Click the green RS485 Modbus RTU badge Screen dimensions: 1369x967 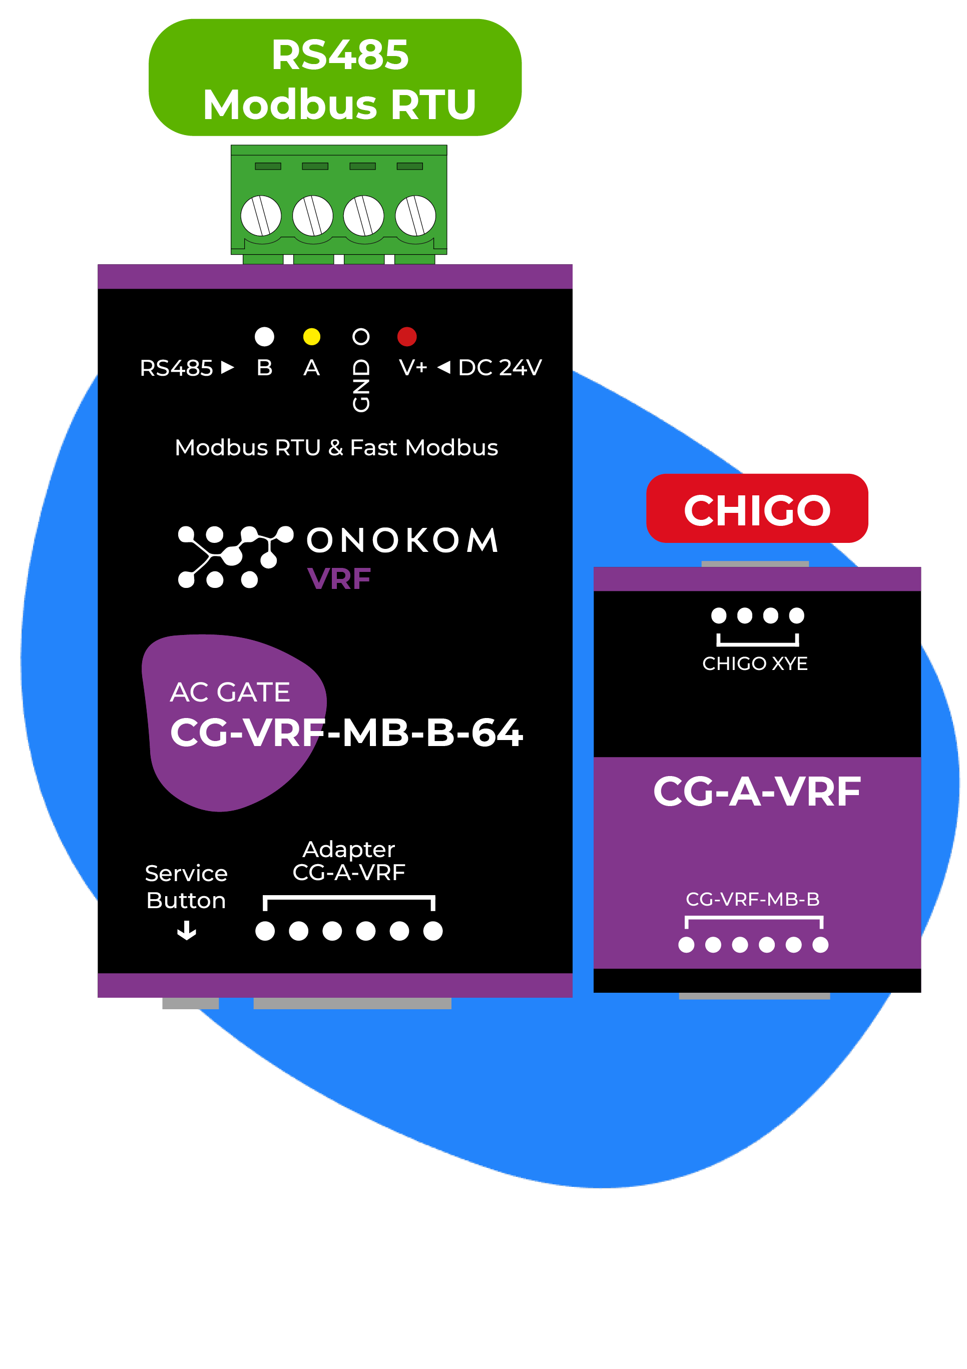[x=335, y=78]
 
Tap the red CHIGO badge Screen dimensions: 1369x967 [x=756, y=508]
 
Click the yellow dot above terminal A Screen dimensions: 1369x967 [x=311, y=337]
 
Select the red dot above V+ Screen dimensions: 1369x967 [x=407, y=337]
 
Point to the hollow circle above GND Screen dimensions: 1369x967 [x=361, y=337]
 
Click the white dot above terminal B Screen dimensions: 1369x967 [x=264, y=337]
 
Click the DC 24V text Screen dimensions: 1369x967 [x=500, y=368]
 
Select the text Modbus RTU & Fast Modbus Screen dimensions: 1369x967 [x=336, y=448]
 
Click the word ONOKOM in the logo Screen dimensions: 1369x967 [x=403, y=540]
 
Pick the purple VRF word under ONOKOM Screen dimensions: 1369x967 [x=338, y=579]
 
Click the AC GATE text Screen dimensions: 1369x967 [x=230, y=692]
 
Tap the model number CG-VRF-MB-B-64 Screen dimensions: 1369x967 [x=346, y=733]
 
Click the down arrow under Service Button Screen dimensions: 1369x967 [x=187, y=930]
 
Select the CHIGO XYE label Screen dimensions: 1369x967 [x=755, y=663]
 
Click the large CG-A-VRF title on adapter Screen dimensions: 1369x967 [x=756, y=792]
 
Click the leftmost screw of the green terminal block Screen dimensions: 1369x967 [x=261, y=215]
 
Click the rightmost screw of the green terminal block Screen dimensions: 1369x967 [x=415, y=215]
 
